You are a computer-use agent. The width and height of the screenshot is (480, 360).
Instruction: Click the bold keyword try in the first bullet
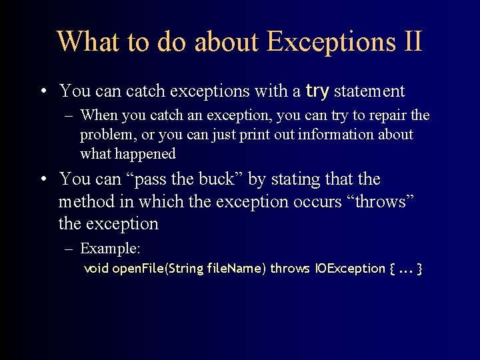point(317,90)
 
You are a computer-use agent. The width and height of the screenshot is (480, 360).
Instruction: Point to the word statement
point(369,90)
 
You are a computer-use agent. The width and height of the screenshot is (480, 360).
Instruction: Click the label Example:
point(110,249)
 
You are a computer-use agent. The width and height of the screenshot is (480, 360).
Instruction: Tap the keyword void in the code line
point(96,269)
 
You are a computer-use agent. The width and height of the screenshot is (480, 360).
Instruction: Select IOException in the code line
point(349,269)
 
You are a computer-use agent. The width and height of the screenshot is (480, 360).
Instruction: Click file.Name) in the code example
point(237,269)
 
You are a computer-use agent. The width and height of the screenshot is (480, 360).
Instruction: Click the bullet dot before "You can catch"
point(42,91)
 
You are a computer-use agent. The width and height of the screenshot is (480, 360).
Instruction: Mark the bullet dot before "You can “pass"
point(42,180)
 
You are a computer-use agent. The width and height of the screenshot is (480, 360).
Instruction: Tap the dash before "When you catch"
point(69,116)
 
